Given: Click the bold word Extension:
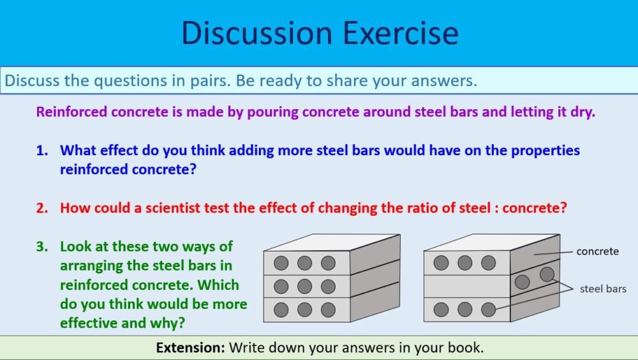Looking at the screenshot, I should coord(191,348).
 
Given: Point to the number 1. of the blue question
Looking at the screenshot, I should coord(42,151).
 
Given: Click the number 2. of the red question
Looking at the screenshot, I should coord(42,207).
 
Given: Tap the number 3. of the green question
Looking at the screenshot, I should coord(42,246).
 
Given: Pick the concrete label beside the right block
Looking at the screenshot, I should coord(597,251).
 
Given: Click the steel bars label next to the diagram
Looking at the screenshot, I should coord(603,289).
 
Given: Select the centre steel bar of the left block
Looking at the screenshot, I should coord(304,286).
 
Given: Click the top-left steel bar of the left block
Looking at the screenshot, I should coord(281,263).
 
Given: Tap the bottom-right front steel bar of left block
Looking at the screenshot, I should coord(328,310).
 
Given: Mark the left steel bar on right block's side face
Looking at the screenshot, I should coord(522,281).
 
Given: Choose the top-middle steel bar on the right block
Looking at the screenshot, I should coord(464,263).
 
